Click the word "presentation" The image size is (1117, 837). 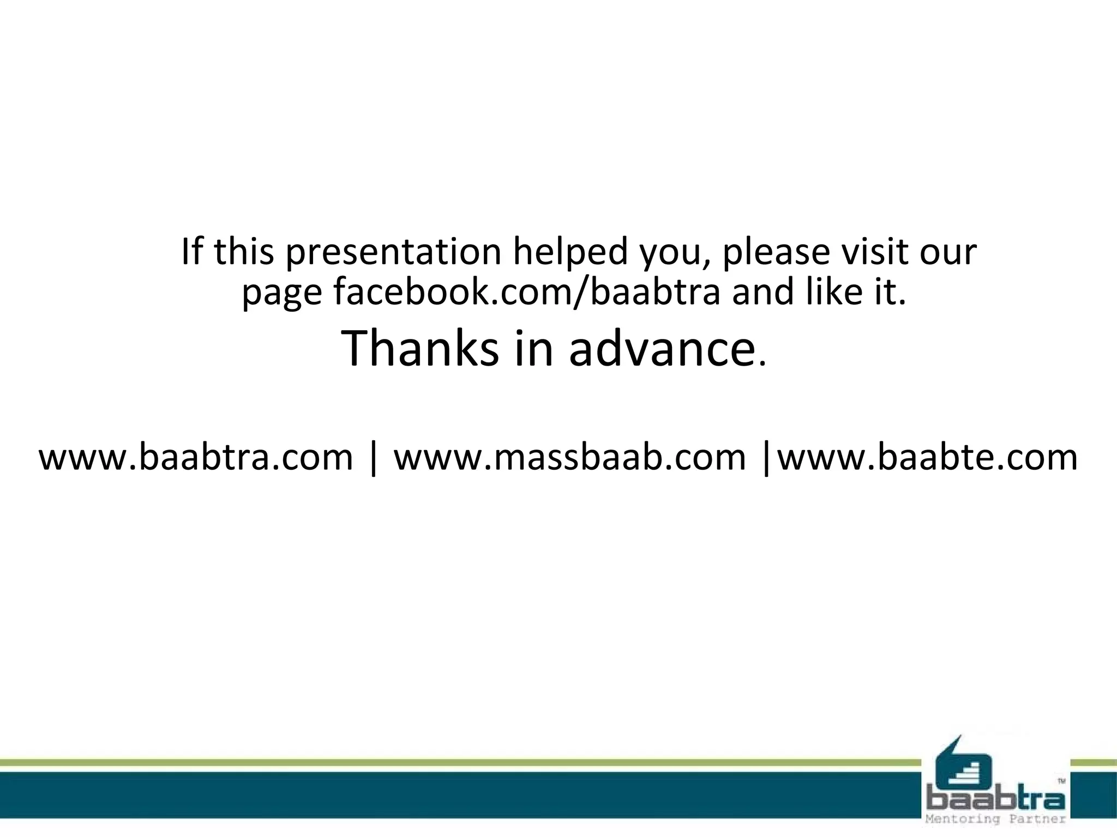(x=393, y=252)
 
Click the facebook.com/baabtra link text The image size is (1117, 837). (x=527, y=292)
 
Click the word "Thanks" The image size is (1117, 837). (x=419, y=349)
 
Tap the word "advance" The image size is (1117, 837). (x=662, y=349)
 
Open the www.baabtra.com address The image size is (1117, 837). (x=196, y=457)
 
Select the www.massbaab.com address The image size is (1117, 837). (x=569, y=457)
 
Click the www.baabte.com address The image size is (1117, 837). (x=927, y=457)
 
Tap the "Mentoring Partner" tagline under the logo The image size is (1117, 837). (x=996, y=819)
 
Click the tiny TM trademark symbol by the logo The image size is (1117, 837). (x=1061, y=781)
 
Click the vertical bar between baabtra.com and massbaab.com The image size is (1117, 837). (x=373, y=458)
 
